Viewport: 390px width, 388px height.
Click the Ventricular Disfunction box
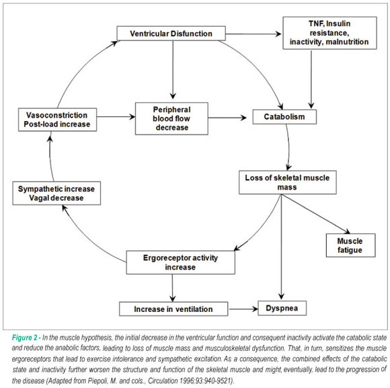point(171,34)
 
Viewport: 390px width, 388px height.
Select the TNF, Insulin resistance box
point(329,33)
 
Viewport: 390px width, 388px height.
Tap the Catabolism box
point(284,116)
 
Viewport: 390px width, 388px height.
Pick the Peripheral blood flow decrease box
point(171,118)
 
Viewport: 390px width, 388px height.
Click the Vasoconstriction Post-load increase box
point(57,120)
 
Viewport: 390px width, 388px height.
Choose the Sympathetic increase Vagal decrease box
point(56,193)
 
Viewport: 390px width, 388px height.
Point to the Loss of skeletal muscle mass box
point(288,182)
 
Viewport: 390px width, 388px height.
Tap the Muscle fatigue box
point(351,245)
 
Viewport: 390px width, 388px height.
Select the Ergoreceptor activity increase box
point(181,262)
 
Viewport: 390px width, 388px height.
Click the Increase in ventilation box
point(173,309)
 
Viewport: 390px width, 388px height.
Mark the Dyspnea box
point(282,308)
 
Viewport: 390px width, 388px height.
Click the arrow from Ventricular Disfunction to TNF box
point(253,34)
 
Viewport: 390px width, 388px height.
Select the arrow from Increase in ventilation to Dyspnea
point(243,309)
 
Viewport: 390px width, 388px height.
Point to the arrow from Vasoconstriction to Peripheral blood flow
point(116,116)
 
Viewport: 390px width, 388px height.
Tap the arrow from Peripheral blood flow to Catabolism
point(227,118)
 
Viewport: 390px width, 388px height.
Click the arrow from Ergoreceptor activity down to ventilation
point(172,288)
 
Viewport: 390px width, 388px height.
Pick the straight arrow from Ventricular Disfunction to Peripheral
point(173,70)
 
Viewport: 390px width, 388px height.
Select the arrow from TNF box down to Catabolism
point(311,79)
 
